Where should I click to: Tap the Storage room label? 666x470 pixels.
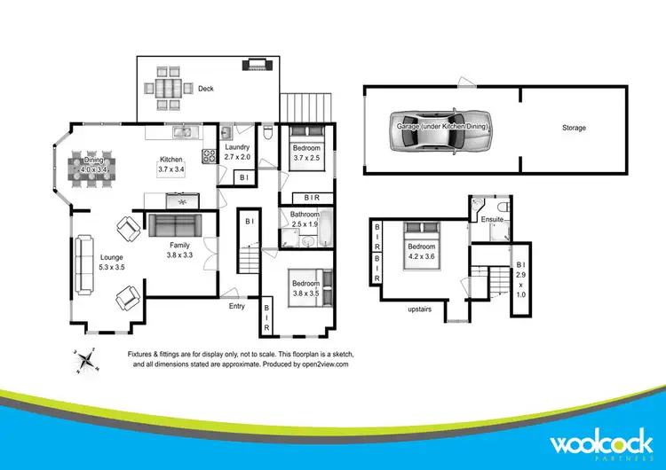[x=574, y=129]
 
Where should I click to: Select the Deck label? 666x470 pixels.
[x=206, y=89]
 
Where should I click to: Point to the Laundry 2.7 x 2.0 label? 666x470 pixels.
[x=237, y=152]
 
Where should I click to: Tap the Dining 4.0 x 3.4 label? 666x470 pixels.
[x=93, y=164]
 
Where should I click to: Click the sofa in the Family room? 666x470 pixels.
[x=176, y=223]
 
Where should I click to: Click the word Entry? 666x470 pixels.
[x=237, y=306]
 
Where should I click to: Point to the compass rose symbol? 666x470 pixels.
[x=86, y=360]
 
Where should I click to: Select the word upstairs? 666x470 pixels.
[x=419, y=309]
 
